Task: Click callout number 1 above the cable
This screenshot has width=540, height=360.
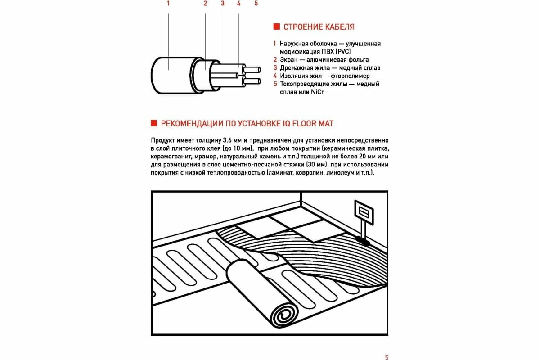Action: coord(168,4)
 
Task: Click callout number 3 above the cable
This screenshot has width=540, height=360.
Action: coord(222,4)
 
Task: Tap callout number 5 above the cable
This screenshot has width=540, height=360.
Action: coord(256,4)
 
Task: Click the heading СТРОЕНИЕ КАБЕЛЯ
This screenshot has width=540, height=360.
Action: coord(319,27)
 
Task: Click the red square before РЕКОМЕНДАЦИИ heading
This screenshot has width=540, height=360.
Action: coord(153,123)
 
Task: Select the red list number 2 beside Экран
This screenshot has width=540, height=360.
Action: coord(274,60)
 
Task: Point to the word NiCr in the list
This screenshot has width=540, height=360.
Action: coord(318,92)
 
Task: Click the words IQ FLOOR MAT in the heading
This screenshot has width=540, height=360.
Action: coord(306,123)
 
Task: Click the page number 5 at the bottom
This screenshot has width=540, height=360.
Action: coord(387,357)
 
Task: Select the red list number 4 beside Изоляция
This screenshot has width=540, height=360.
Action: coord(274,76)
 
